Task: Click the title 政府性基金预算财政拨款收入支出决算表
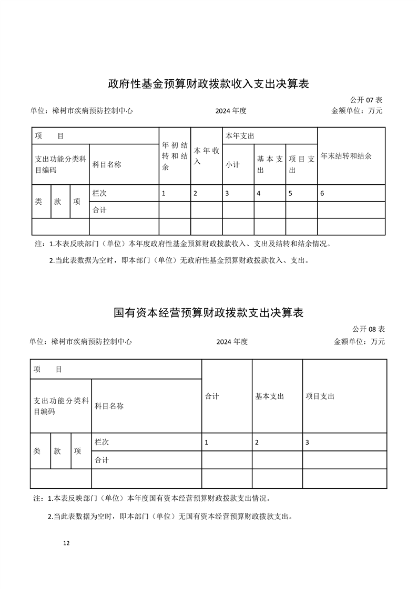(x=208, y=83)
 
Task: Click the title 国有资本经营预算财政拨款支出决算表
(x=209, y=313)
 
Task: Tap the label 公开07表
(x=366, y=100)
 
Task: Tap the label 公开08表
(x=368, y=329)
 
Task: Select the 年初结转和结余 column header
(x=175, y=156)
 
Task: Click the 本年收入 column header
(x=206, y=156)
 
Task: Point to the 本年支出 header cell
(x=240, y=136)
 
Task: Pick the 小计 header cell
(x=232, y=164)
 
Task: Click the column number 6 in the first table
(x=322, y=193)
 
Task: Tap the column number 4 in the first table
(x=259, y=193)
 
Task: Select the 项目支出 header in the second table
(x=320, y=396)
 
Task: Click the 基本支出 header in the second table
(x=270, y=396)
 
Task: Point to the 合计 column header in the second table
(x=212, y=396)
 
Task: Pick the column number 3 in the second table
(x=307, y=442)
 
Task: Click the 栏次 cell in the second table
(x=102, y=442)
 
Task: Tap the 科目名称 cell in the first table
(x=107, y=164)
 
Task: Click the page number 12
(x=66, y=543)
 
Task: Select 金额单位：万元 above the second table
(x=359, y=342)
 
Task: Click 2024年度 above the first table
(x=231, y=111)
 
